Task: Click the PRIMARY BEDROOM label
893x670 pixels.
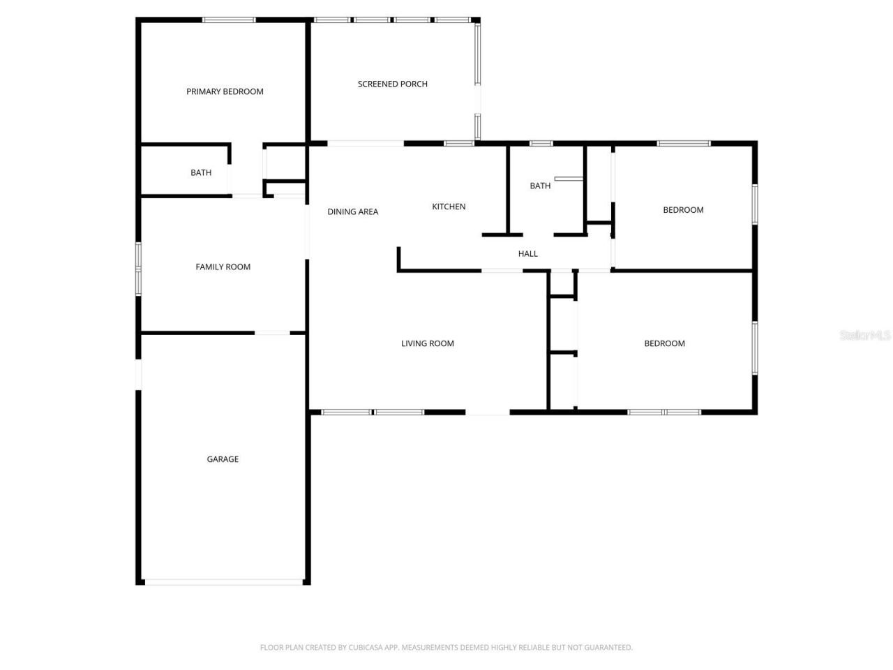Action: [x=225, y=91]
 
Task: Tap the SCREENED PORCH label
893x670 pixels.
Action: [x=392, y=84]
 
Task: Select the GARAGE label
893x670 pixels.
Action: [x=223, y=459]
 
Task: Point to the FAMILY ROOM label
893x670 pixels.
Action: [x=223, y=267]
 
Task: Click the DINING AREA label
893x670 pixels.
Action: [x=352, y=211]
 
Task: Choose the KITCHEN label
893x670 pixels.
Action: [x=449, y=207]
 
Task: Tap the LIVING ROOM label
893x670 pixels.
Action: [x=427, y=343]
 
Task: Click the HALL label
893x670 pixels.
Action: [x=527, y=254]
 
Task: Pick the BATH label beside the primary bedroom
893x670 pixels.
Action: [x=201, y=172]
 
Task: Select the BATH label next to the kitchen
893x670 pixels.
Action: [x=540, y=186]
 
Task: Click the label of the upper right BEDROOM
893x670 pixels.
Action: [x=683, y=210]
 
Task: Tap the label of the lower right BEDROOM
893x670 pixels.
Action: [x=664, y=343]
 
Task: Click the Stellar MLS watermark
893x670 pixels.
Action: [x=865, y=336]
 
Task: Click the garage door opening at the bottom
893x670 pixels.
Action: [x=223, y=581]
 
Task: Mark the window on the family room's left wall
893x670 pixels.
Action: [x=138, y=268]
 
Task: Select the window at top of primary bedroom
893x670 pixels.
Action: [x=229, y=20]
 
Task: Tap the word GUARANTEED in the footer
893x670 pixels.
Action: [x=608, y=648]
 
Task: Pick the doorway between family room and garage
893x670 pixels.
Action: [x=271, y=333]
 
